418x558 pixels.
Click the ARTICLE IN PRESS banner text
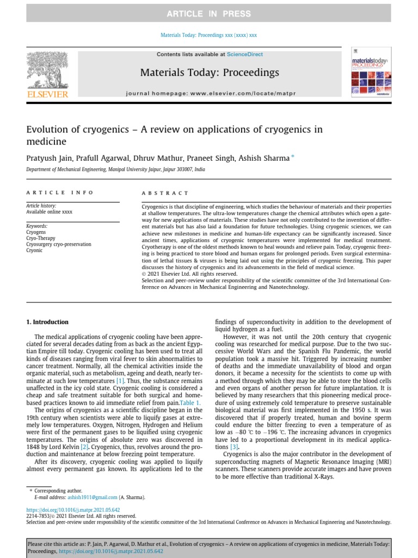pyautogui.click(x=209, y=14)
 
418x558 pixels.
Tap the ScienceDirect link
pyautogui.click(x=245, y=54)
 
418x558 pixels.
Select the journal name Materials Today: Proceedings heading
pyautogui.click(x=210, y=72)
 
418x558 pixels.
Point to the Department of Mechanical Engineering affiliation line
pyautogui.click(x=115, y=170)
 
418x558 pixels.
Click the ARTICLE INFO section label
pyautogui.click(x=60, y=192)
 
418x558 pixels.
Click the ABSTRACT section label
pyautogui.click(x=165, y=193)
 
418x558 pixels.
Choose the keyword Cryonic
pyautogui.click(x=35, y=251)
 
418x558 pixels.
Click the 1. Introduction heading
pyautogui.click(x=47, y=322)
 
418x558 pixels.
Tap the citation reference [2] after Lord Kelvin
pyautogui.click(x=84, y=447)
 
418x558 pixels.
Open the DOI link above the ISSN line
pyautogui.click(x=73, y=510)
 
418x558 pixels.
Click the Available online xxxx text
pyautogui.click(x=49, y=212)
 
